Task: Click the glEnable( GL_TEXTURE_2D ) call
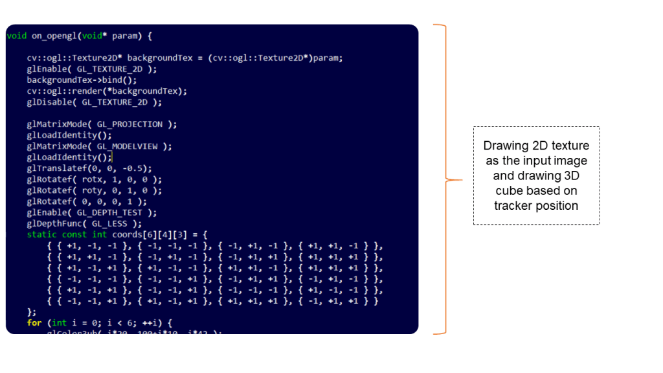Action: [91, 69]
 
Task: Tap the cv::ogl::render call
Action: [106, 91]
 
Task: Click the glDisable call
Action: [94, 102]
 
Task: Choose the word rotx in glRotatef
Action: [91, 179]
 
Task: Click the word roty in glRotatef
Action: [91, 190]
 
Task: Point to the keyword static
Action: [41, 234]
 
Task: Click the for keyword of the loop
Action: [34, 322]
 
